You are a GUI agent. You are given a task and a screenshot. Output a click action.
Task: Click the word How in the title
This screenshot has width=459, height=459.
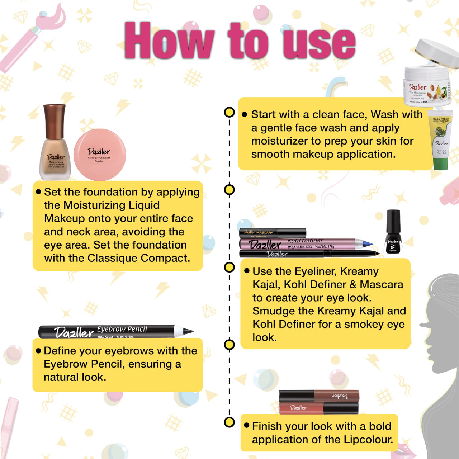point(169,40)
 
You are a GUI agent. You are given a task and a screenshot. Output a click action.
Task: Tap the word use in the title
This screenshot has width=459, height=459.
point(319,42)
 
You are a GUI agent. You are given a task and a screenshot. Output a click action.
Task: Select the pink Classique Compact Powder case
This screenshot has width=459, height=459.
point(99,155)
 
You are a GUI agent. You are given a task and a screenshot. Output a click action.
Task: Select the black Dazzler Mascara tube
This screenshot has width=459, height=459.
point(273,233)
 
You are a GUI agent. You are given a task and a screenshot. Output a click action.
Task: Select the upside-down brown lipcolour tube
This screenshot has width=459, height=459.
point(319,396)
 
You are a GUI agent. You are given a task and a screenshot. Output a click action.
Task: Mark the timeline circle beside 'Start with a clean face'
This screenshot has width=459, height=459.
point(229,112)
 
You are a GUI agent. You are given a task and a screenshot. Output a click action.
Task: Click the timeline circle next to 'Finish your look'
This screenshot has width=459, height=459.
point(229,422)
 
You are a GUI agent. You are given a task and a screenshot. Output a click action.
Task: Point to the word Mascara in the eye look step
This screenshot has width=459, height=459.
point(382,284)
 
